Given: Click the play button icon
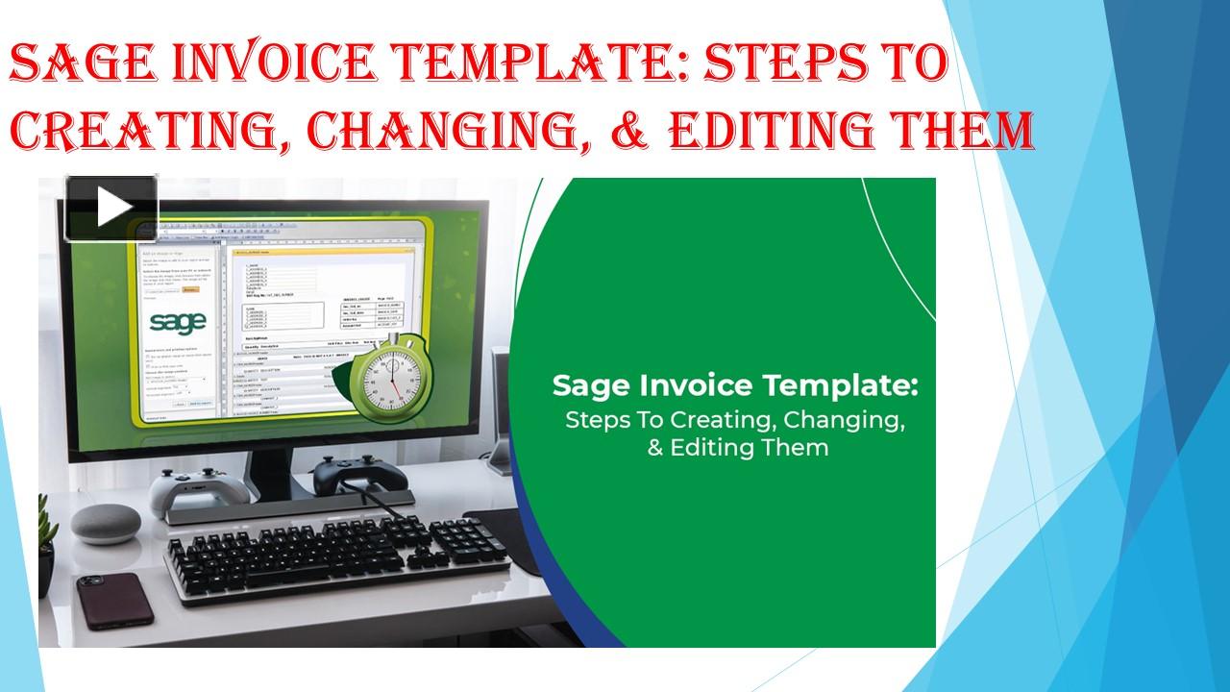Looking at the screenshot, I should (111, 208).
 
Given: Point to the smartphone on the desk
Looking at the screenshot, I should (115, 600).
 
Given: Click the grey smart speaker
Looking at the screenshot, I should (105, 525).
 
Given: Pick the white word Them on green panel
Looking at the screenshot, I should (800, 447).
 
